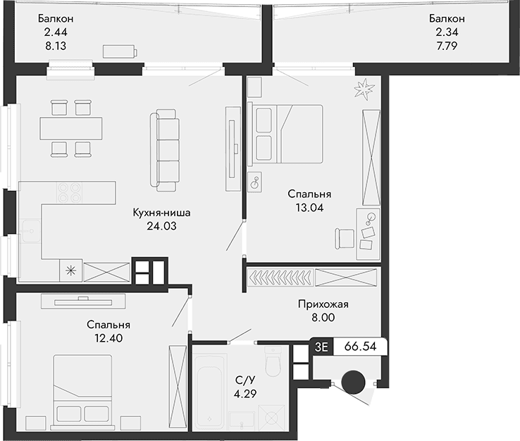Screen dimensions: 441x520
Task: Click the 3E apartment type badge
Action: click(x=321, y=347)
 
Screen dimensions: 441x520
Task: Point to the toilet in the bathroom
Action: click(x=273, y=364)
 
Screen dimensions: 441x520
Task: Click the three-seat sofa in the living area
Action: click(x=167, y=149)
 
